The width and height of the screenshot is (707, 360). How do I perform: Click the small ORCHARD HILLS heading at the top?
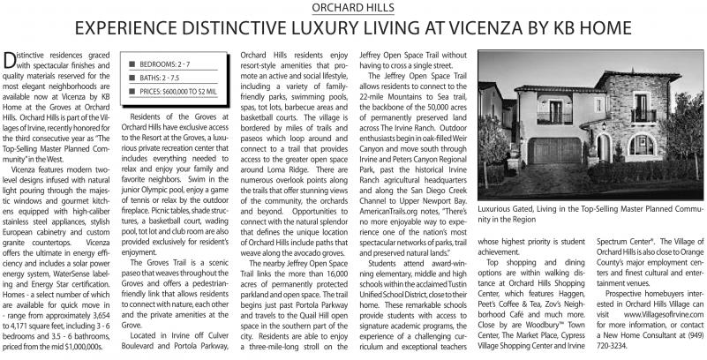coord(353,7)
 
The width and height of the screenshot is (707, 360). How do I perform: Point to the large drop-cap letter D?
coord(12,60)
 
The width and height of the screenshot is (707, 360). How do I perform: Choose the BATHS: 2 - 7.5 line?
coord(159,79)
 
